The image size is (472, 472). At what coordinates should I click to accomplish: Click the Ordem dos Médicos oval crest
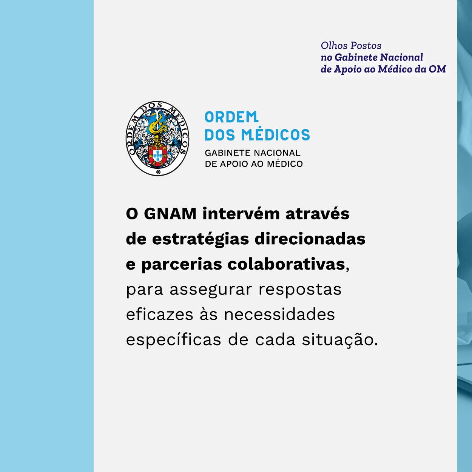157,139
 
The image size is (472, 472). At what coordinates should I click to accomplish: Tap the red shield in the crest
158,155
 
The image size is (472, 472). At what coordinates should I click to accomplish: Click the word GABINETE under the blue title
228,153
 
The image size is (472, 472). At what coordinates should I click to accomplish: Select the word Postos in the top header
366,46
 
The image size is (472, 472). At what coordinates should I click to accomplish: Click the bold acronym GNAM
170,214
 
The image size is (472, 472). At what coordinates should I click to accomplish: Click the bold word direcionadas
310,239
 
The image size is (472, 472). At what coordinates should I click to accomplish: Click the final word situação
340,340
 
